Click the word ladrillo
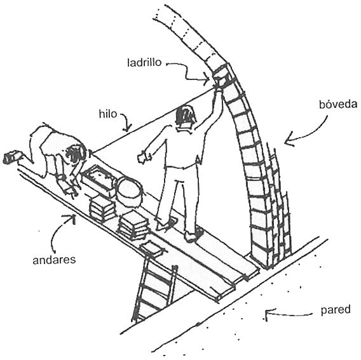click(x=144, y=62)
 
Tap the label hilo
click(x=108, y=114)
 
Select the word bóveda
click(x=338, y=104)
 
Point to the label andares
click(x=54, y=260)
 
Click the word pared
click(x=336, y=310)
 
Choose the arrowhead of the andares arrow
click(x=71, y=218)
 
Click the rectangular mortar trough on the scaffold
click(x=99, y=178)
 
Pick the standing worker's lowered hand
click(x=144, y=157)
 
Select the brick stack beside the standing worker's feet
click(x=133, y=226)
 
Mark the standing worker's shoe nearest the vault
click(x=194, y=234)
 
